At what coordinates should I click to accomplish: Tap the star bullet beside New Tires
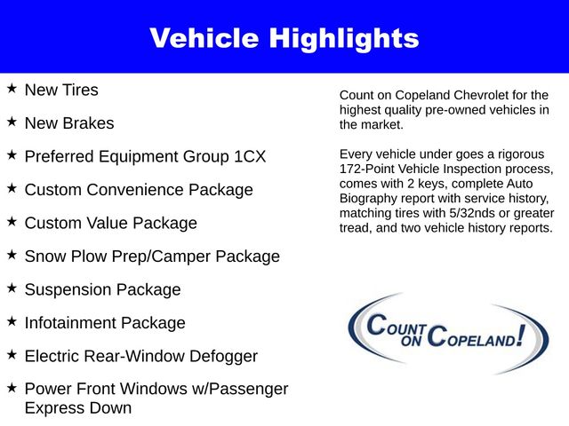12,89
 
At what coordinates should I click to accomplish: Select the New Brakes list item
69,122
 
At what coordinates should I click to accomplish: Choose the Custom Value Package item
110,223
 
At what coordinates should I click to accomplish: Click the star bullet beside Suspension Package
12,288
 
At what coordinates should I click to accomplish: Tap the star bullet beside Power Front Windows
12,388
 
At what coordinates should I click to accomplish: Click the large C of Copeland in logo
437,337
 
